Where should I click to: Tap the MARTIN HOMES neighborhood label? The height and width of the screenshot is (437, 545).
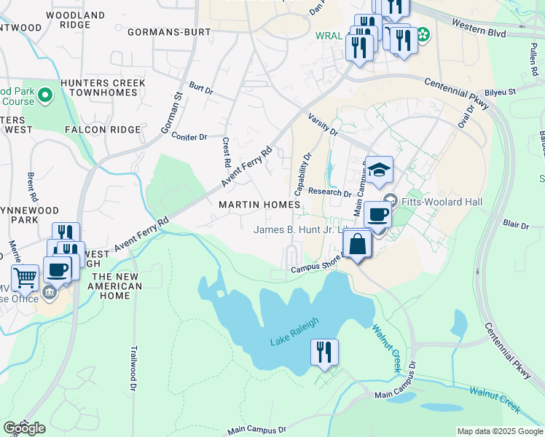tap(259, 205)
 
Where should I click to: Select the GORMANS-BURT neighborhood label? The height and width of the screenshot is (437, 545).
tap(168, 32)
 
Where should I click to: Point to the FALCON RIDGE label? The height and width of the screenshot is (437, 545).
tap(102, 129)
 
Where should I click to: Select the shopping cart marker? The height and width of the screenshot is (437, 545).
tap(25, 278)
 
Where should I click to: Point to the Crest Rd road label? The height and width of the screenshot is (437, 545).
tap(226, 151)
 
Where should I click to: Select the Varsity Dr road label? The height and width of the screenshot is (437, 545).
tap(323, 124)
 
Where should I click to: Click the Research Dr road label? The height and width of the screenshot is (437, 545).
tap(329, 192)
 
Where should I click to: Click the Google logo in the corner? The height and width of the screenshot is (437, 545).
tap(24, 428)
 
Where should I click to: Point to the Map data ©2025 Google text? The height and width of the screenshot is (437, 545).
tap(499, 431)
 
